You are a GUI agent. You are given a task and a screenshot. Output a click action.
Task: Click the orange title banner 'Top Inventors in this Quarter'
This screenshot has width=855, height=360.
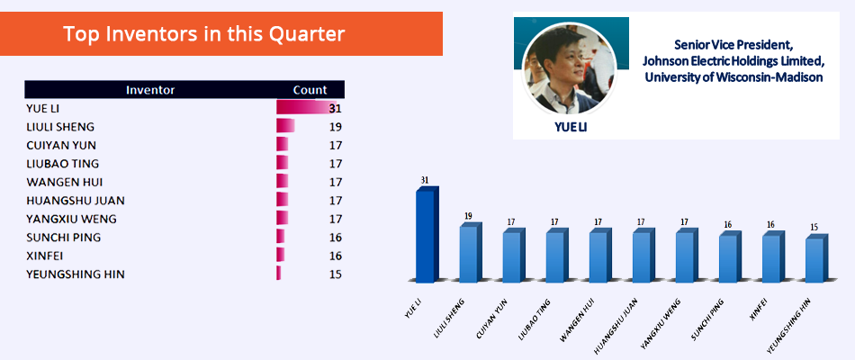coord(220,34)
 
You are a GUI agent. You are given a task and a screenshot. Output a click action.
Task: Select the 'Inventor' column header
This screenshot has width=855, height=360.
coord(150,90)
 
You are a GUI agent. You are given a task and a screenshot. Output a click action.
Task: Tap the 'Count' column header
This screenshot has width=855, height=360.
coord(310,90)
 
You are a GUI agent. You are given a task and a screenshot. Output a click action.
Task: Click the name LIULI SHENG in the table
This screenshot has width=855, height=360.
coord(60,127)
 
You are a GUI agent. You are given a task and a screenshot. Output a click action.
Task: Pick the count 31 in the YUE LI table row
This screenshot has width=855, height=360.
coord(335,109)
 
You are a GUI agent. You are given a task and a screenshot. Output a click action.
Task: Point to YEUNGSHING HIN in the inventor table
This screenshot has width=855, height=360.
coord(76,274)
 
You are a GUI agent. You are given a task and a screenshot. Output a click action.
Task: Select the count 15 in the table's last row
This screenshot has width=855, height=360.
coord(336,274)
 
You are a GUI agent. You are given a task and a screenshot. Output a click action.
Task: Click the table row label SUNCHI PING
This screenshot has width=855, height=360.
coord(63,238)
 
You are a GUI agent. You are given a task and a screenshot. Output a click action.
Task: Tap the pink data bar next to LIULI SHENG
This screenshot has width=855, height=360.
coord(285,127)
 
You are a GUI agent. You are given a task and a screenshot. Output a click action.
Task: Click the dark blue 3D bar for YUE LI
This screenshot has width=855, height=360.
coord(427,235)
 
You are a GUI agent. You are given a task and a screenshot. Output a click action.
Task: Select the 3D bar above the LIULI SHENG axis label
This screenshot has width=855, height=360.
coord(471,252)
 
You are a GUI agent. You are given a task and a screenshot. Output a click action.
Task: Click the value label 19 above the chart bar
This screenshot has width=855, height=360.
coord(468,215)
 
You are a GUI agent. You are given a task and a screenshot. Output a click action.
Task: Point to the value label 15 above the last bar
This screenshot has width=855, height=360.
coord(814,227)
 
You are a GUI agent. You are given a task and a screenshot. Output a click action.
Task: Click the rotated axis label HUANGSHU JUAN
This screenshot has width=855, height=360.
coord(616,321)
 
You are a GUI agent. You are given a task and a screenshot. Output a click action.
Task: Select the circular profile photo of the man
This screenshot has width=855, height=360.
coord(569,67)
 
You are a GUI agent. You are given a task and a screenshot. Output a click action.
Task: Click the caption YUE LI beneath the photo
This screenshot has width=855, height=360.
coord(571,127)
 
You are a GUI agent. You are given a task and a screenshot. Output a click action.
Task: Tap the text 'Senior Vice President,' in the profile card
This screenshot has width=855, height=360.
coord(733,43)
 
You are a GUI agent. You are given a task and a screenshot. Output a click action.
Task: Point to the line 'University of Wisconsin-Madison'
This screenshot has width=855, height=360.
coord(733,76)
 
